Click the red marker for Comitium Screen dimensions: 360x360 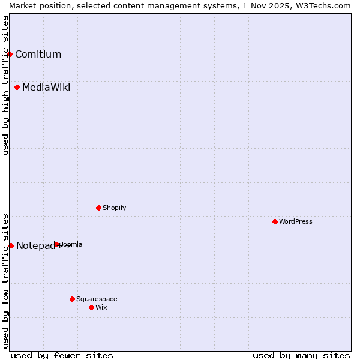[x=10, y=54]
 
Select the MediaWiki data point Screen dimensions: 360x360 [x=17, y=88]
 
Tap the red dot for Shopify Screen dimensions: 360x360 [x=99, y=208]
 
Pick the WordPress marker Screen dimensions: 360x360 [x=275, y=221]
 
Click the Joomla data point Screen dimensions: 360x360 [x=57, y=244]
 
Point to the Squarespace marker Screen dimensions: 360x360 [x=73, y=299]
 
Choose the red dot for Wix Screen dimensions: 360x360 [x=92, y=307]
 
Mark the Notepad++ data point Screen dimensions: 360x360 [x=11, y=245]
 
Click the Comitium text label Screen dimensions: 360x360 [x=38, y=55]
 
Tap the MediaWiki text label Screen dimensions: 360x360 [x=46, y=88]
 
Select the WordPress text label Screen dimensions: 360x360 [x=296, y=221]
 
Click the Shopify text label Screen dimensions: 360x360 [x=114, y=208]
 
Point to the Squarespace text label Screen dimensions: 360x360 [x=97, y=299]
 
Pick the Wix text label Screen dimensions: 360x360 [x=101, y=307]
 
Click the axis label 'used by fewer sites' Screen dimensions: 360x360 [x=62, y=355]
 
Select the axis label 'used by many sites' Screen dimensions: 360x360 [x=301, y=355]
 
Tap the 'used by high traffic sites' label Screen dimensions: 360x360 [x=6, y=85]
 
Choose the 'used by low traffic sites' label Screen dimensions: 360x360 [x=6, y=281]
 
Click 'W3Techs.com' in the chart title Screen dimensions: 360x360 [x=325, y=5]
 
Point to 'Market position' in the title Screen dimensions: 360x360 [x=38, y=5]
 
